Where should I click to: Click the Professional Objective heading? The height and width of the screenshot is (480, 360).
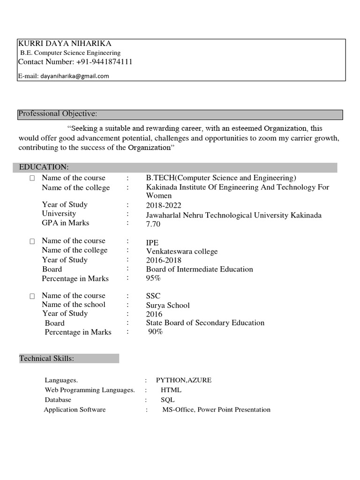(x=58, y=114)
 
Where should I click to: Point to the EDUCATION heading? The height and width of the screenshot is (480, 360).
(x=44, y=167)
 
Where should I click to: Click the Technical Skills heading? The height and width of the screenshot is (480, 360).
(x=47, y=359)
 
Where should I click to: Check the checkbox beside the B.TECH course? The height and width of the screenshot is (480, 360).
(x=32, y=179)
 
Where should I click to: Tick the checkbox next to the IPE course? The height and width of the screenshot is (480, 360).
(x=32, y=241)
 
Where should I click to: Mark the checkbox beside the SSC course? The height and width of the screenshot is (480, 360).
(x=32, y=296)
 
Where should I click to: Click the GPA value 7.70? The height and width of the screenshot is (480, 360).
(x=153, y=224)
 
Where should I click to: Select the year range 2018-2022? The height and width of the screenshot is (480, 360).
(x=164, y=205)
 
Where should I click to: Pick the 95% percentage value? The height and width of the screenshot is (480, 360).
(x=153, y=278)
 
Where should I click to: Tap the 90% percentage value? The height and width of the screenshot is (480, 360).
(x=155, y=332)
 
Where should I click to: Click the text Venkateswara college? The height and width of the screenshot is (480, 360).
(x=182, y=251)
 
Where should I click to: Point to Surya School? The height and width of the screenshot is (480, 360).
(x=168, y=305)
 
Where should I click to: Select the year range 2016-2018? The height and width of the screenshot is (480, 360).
(x=164, y=260)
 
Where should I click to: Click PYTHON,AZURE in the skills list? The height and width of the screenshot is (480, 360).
(x=184, y=380)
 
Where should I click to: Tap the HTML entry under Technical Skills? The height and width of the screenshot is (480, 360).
(x=171, y=390)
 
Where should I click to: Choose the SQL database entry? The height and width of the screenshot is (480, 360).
(x=168, y=400)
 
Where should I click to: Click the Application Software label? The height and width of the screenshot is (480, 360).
(x=75, y=410)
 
